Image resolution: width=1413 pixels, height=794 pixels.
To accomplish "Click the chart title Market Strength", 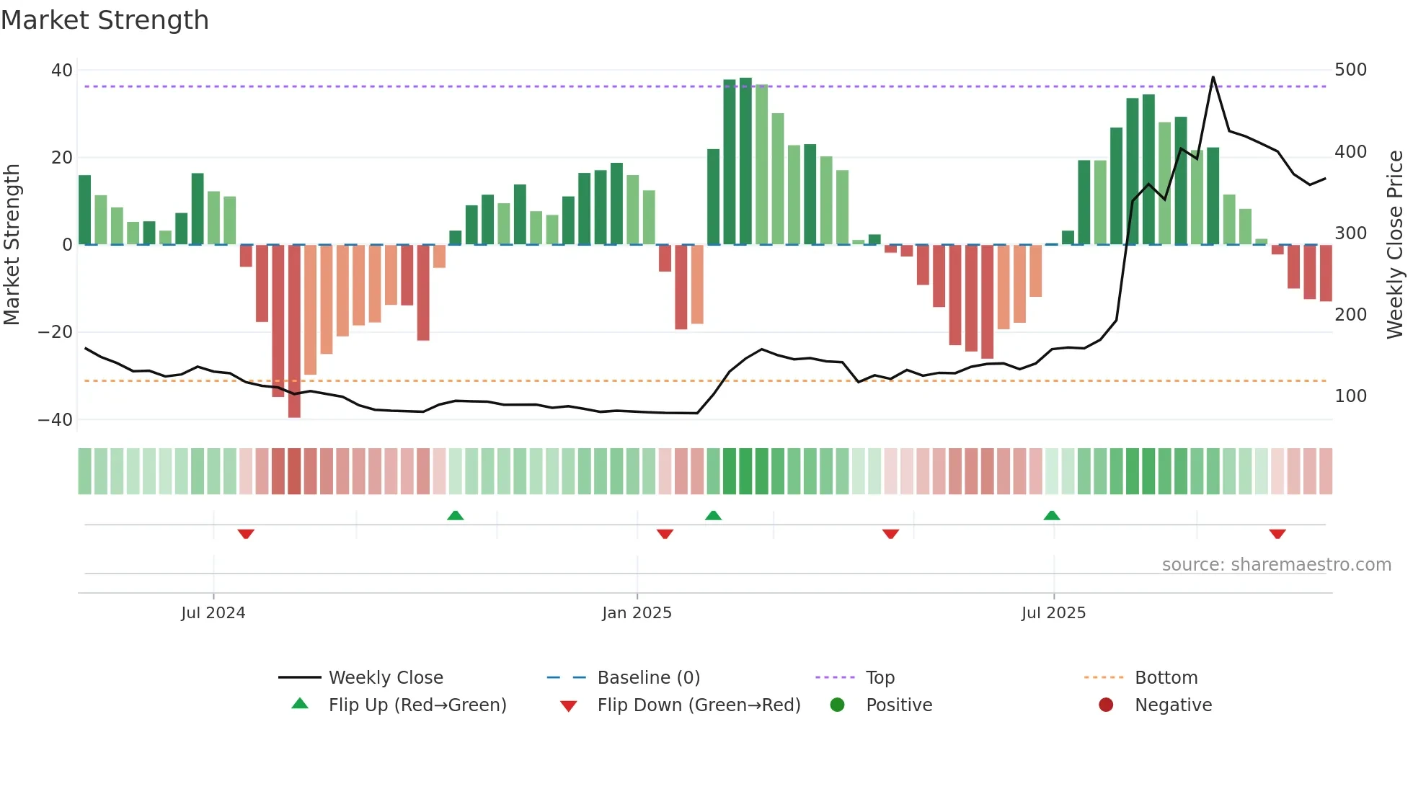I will click(x=105, y=20).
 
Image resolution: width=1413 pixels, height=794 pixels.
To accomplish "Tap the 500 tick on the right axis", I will click(x=1350, y=70).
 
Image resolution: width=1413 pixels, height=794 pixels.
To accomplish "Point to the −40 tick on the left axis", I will click(x=56, y=420).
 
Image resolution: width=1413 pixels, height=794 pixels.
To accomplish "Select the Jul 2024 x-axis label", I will click(x=213, y=613).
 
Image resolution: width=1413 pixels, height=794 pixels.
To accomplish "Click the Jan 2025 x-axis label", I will click(x=637, y=613).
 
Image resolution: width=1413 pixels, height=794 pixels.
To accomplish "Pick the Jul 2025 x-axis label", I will click(x=1053, y=613).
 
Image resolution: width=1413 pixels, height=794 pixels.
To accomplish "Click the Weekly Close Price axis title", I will click(x=1395, y=244).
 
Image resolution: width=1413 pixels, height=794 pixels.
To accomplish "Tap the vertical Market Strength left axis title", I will click(x=12, y=244).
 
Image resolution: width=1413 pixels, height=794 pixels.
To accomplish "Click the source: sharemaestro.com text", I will click(x=1276, y=565).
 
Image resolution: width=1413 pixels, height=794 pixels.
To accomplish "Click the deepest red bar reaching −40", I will click(x=294, y=331).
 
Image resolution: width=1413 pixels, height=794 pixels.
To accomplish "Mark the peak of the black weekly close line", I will click(x=1213, y=77).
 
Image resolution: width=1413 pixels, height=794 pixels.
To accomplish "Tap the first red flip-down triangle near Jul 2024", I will click(x=246, y=534).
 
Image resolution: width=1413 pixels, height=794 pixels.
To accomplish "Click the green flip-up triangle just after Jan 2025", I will click(x=713, y=515).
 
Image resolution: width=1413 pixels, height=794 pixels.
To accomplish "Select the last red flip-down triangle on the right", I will click(x=1277, y=534).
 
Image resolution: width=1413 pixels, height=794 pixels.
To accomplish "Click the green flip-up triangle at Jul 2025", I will click(x=1052, y=515).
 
